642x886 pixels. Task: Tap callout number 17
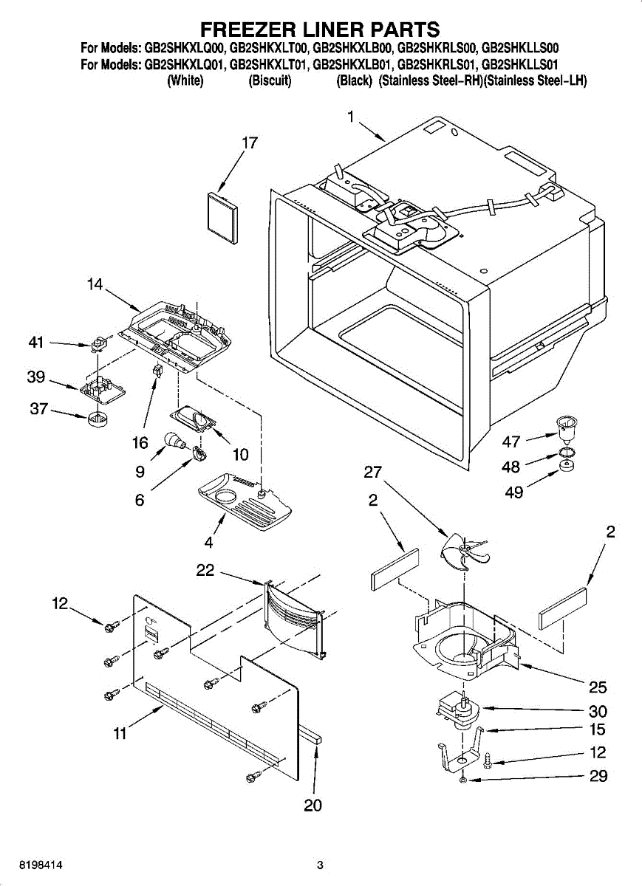250,143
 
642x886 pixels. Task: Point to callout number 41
36,343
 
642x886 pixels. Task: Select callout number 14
95,284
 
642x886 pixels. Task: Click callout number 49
514,491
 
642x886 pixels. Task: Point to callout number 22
205,569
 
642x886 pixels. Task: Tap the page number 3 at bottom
320,865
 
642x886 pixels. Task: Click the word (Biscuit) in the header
269,81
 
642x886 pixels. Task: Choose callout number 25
598,687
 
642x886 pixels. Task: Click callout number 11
120,733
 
